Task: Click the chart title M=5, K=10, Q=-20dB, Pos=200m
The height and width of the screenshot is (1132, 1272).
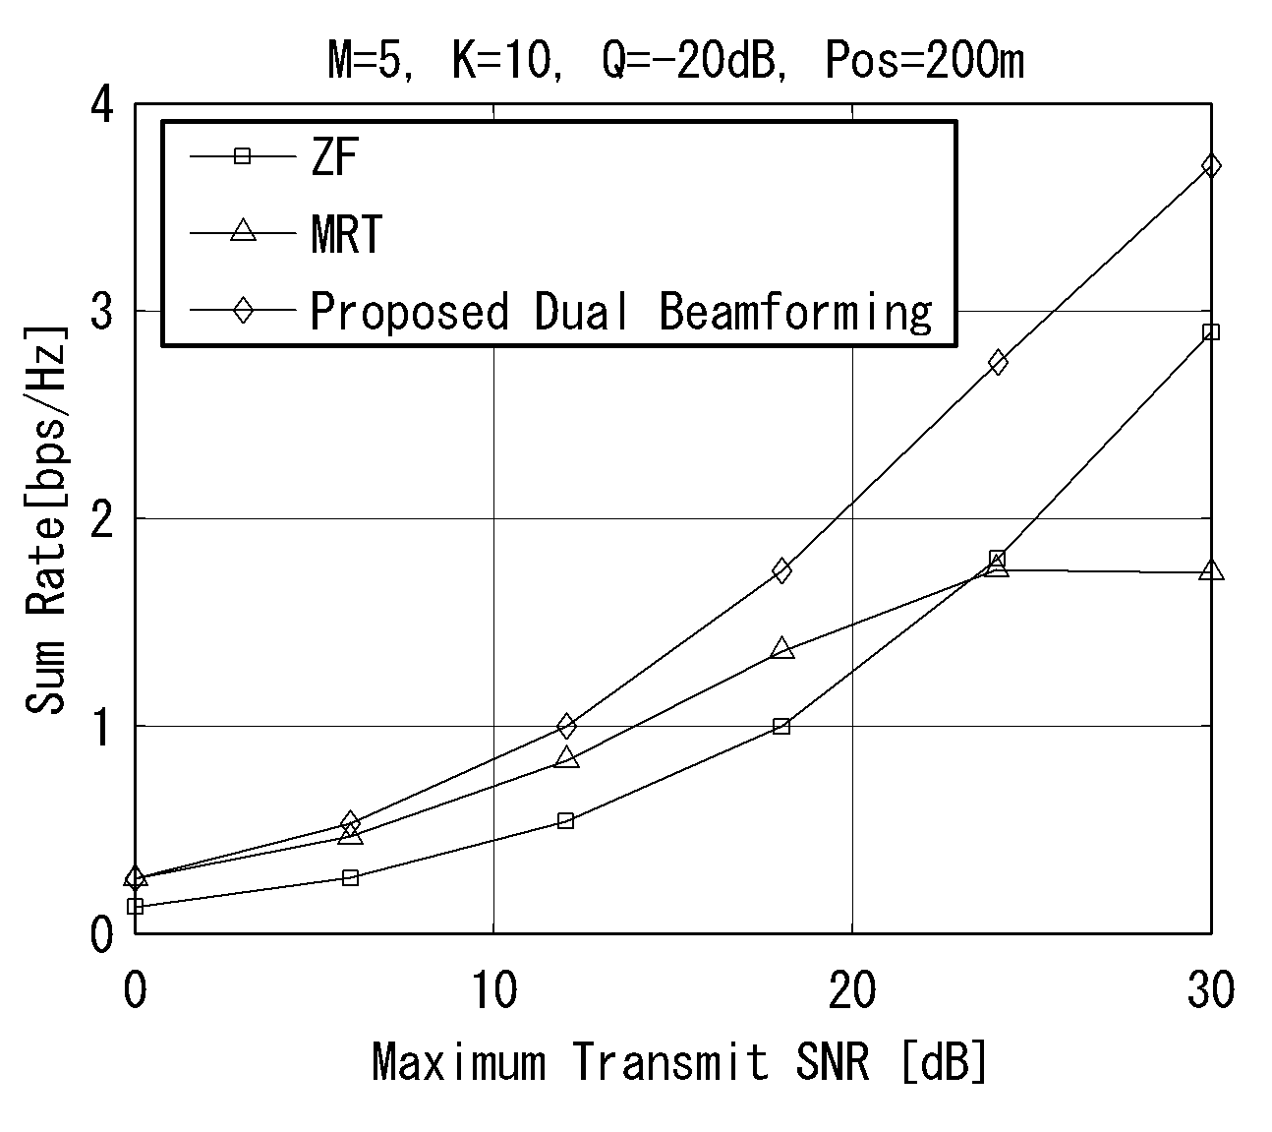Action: pyautogui.click(x=675, y=60)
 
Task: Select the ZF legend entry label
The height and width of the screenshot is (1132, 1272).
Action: pyautogui.click(x=334, y=156)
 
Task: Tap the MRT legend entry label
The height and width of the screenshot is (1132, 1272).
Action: pyautogui.click(x=347, y=234)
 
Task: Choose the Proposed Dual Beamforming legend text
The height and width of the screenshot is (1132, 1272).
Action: pyautogui.click(x=621, y=312)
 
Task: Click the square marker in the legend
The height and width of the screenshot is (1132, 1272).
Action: pyautogui.click(x=243, y=155)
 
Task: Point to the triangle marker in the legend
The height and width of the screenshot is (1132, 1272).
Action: pyautogui.click(x=243, y=230)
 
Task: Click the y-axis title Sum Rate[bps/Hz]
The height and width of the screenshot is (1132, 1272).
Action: pyautogui.click(x=45, y=519)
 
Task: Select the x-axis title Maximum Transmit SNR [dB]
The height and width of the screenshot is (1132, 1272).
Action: pyautogui.click(x=678, y=1062)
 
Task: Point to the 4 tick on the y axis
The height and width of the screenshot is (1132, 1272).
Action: pyautogui.click(x=101, y=104)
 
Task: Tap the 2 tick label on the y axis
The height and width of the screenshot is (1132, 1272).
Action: pyautogui.click(x=101, y=519)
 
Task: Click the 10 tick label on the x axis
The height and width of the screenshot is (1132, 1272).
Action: pyautogui.click(x=494, y=990)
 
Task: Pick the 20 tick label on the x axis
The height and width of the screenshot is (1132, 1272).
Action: pyautogui.click(x=852, y=990)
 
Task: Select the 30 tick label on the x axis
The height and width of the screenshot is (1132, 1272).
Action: pyautogui.click(x=1211, y=990)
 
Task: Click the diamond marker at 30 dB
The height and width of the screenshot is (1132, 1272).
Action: pyautogui.click(x=1211, y=166)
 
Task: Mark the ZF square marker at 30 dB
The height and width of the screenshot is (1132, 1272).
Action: pyautogui.click(x=1211, y=331)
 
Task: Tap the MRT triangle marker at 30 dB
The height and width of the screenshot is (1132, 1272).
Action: pyautogui.click(x=1211, y=569)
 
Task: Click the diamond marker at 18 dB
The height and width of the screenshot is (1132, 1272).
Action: pyautogui.click(x=781, y=570)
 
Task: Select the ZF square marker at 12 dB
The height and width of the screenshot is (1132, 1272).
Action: pyautogui.click(x=565, y=820)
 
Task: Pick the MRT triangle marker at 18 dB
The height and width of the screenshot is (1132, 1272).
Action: pyautogui.click(x=781, y=648)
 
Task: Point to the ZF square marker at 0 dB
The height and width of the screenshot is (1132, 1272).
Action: pyautogui.click(x=135, y=906)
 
